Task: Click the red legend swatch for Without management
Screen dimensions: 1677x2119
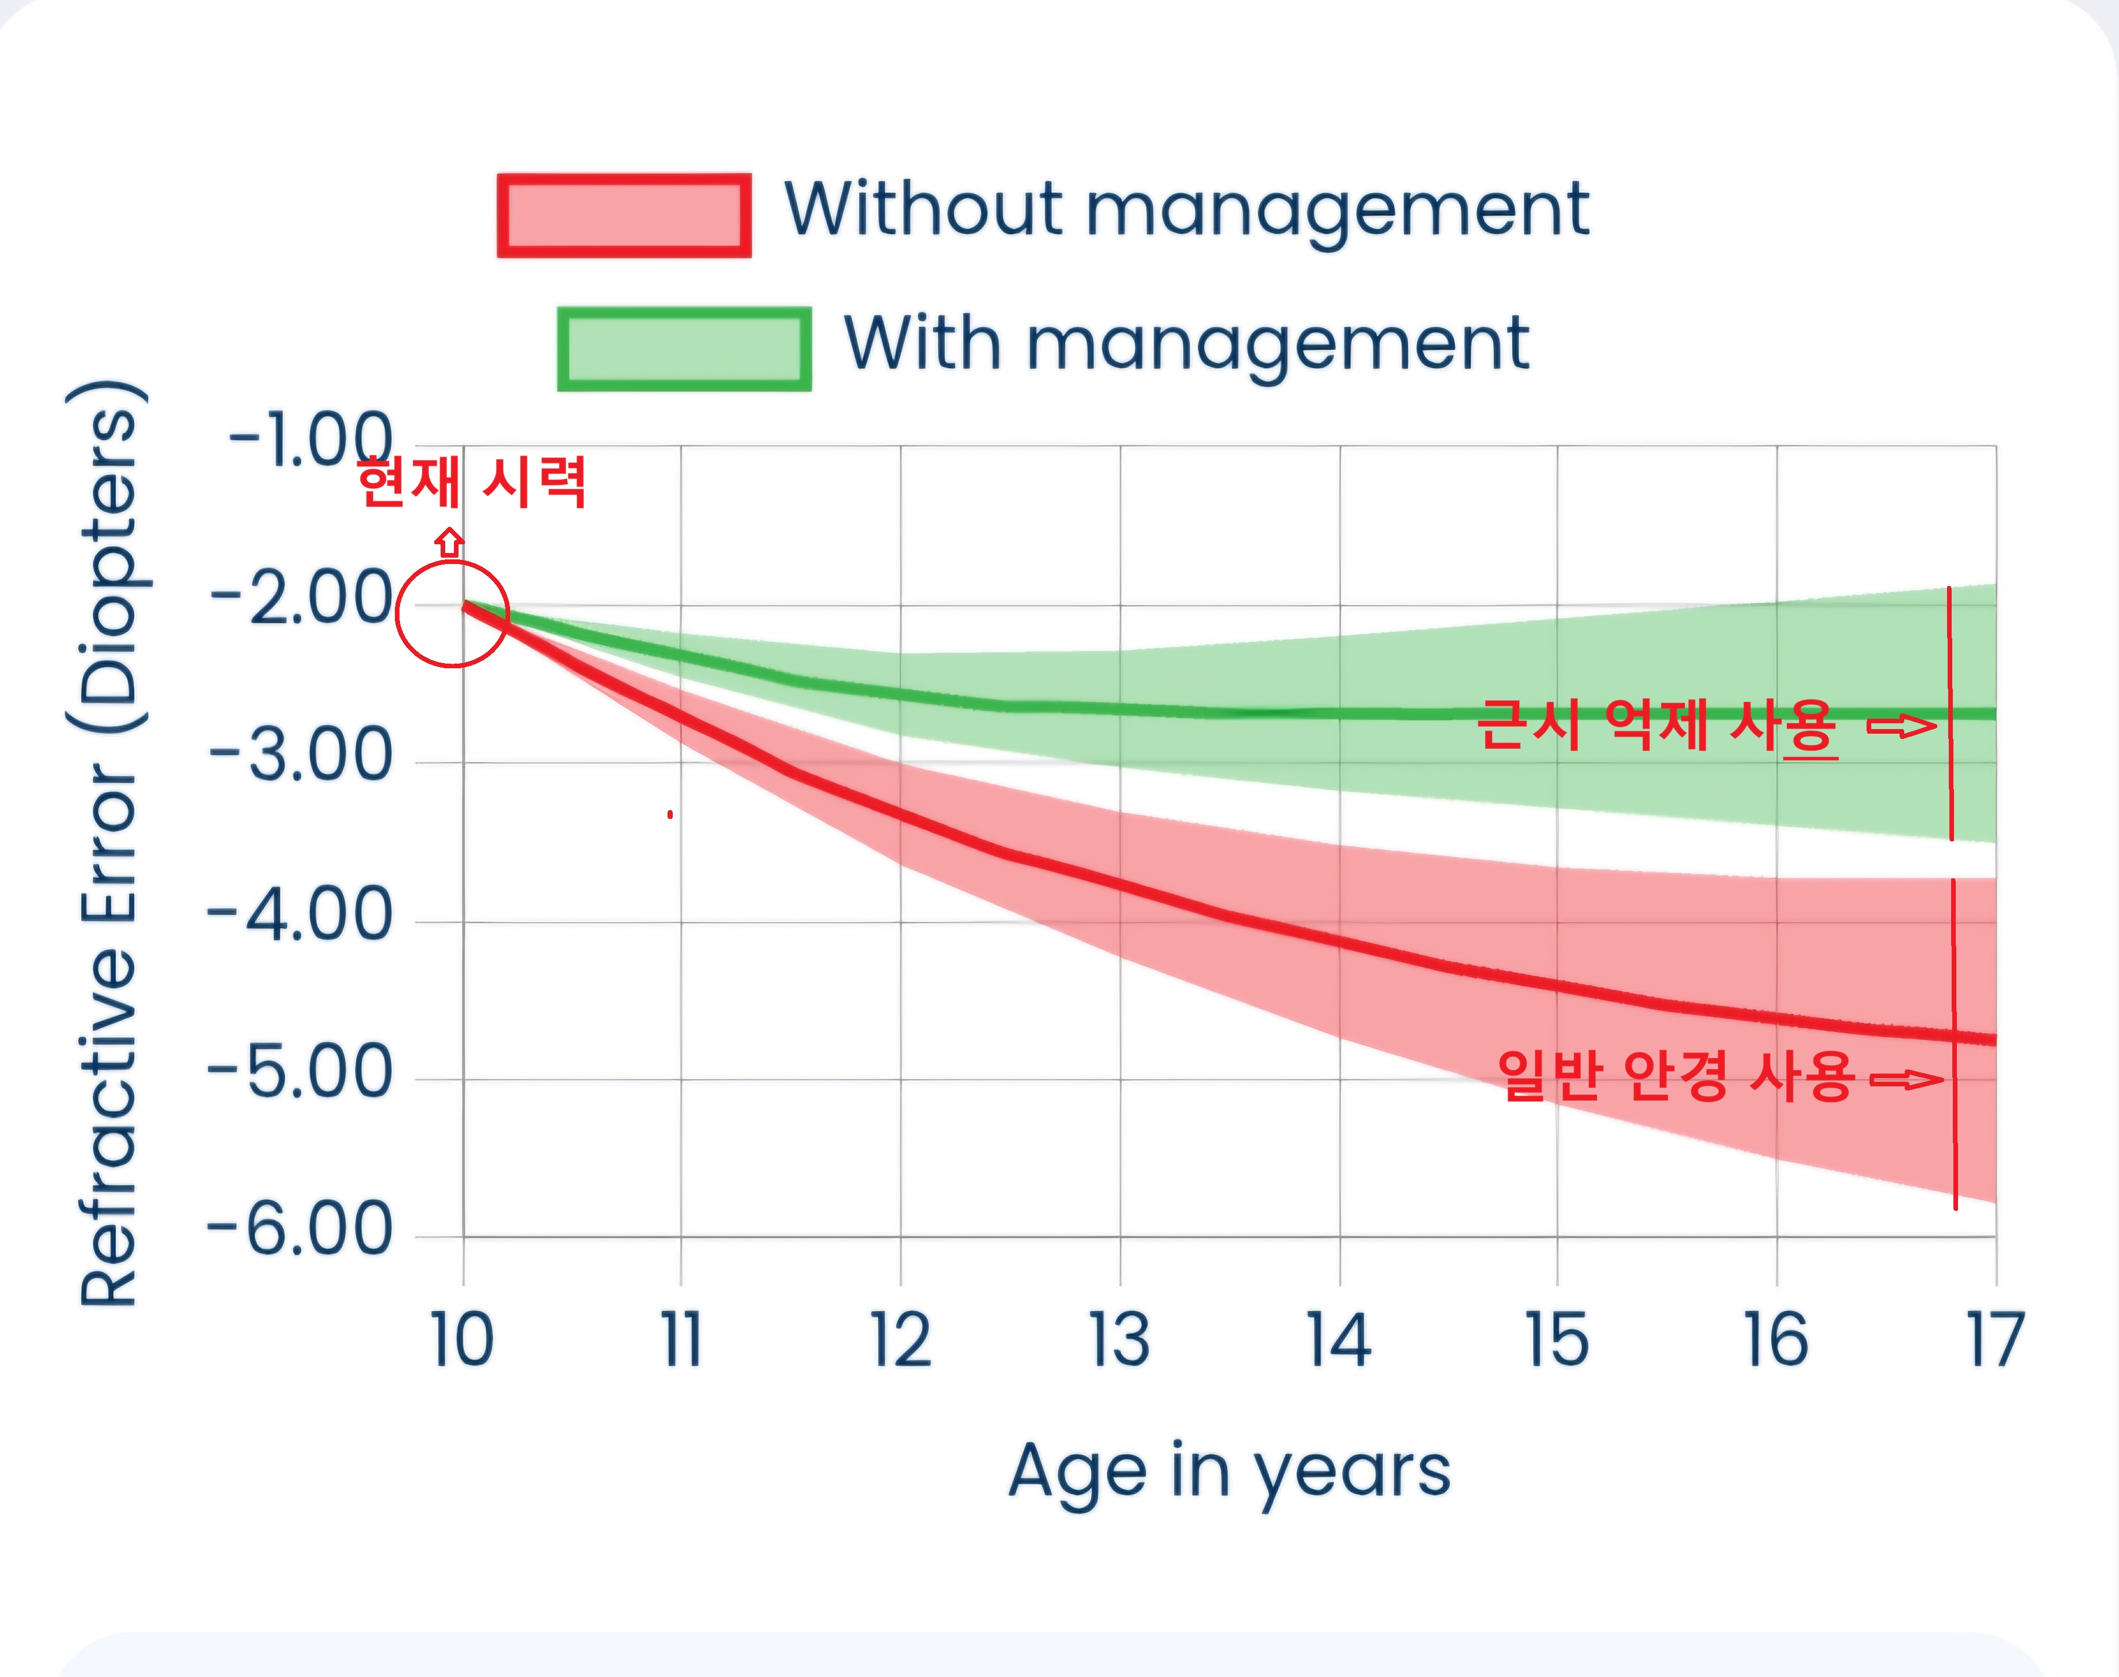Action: pos(624,216)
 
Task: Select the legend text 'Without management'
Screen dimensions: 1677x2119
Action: pos(1186,211)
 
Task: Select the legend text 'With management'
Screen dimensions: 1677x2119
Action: pos(1186,346)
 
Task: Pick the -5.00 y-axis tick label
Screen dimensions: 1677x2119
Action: pos(300,1072)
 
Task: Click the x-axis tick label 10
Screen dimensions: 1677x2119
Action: pos(462,1340)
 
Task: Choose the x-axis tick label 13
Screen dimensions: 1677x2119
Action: pos(1120,1340)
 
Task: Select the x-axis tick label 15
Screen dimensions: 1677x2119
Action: pos(1557,1340)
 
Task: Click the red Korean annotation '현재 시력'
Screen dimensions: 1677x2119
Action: pos(472,483)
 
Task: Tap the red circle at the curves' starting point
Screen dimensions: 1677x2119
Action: pos(453,614)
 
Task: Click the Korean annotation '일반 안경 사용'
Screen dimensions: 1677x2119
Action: pos(1676,1076)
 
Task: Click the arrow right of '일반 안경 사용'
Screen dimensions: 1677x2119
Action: pos(1906,1080)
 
